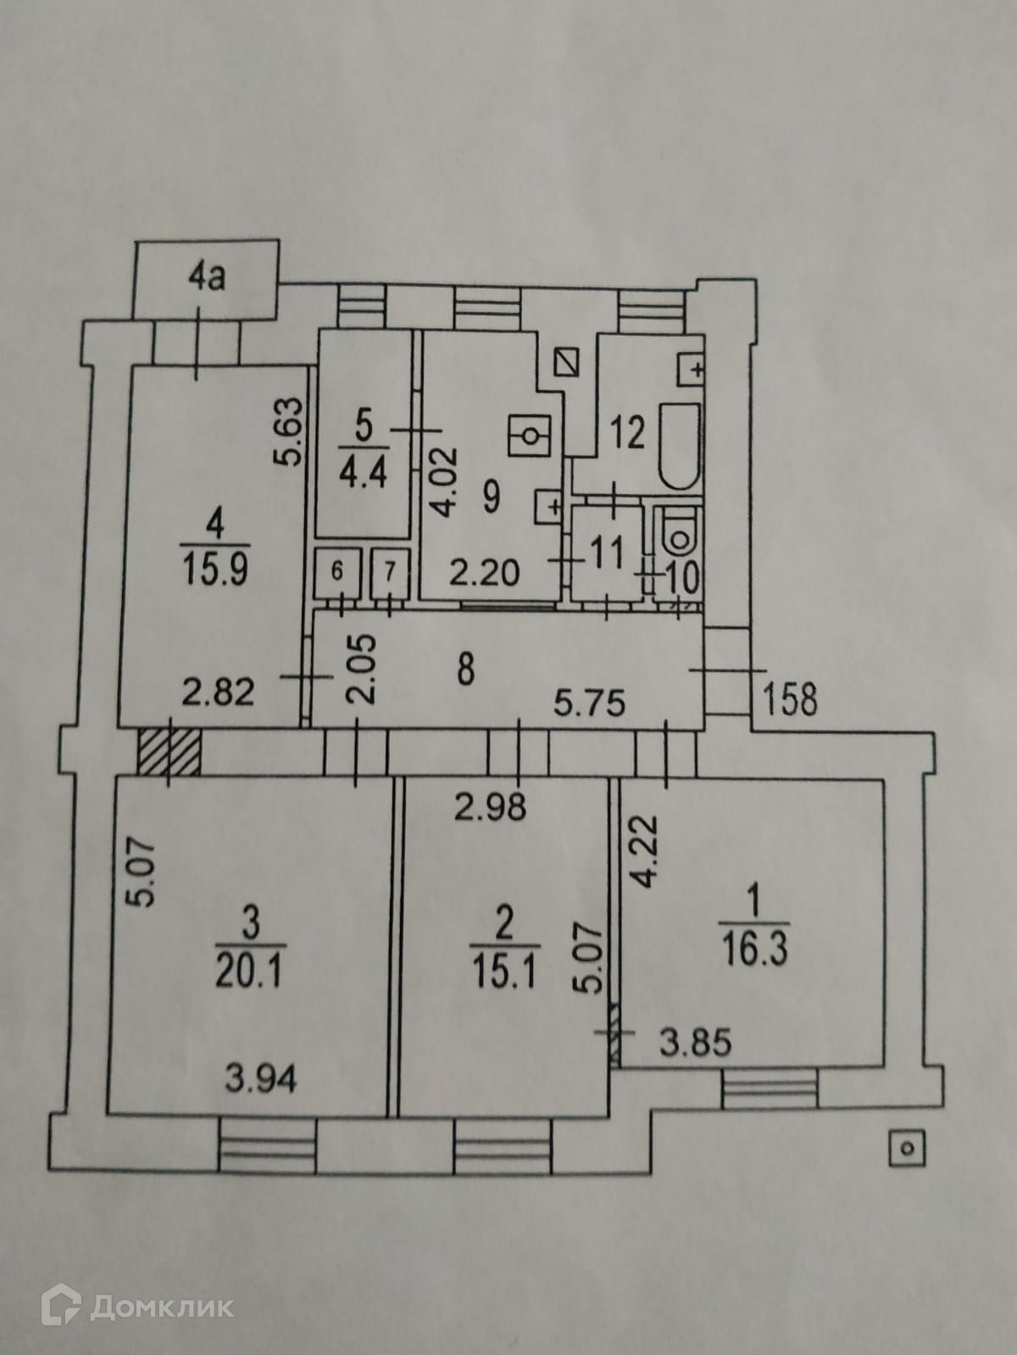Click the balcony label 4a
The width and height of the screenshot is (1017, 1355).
(207, 279)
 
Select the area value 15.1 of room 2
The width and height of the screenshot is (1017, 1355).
(503, 974)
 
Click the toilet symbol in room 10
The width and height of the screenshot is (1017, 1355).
(678, 534)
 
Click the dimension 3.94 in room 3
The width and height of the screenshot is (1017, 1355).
(262, 1080)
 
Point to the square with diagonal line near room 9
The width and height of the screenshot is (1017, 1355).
(565, 364)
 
